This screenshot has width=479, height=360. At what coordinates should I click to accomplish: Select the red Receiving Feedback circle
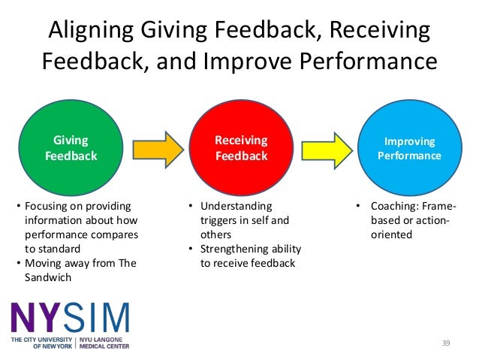[242, 148]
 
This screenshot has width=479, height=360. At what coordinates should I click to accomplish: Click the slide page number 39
[445, 343]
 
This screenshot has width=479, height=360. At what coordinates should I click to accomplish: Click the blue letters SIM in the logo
[98, 318]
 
